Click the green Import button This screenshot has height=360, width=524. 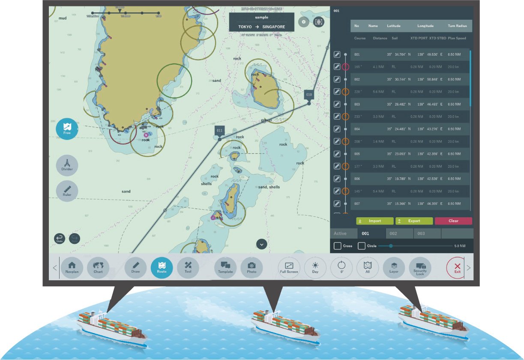(374, 221)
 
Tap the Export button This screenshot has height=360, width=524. (414, 221)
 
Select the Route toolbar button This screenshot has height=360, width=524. (162, 268)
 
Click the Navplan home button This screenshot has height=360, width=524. (72, 268)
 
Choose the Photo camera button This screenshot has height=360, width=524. (252, 268)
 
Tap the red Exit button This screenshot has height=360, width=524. (457, 268)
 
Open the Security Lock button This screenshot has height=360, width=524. (420, 268)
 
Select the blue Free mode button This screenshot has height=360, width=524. (67, 129)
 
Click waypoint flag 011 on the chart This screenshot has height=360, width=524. (219, 131)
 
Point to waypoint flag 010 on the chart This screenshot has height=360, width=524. (309, 95)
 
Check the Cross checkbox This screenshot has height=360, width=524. (338, 246)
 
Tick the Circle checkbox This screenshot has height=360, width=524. (362, 246)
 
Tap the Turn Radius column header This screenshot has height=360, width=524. (457, 26)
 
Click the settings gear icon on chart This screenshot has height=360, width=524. (303, 22)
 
